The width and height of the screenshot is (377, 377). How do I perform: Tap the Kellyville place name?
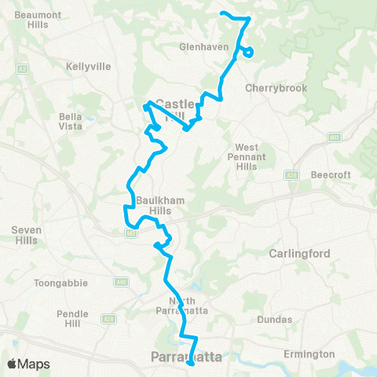pos(87,68)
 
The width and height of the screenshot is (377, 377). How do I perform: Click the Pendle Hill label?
pos(73,318)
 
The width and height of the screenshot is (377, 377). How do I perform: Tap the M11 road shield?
pos(334,137)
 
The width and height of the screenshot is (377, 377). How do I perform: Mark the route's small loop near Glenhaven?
pos(247,53)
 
